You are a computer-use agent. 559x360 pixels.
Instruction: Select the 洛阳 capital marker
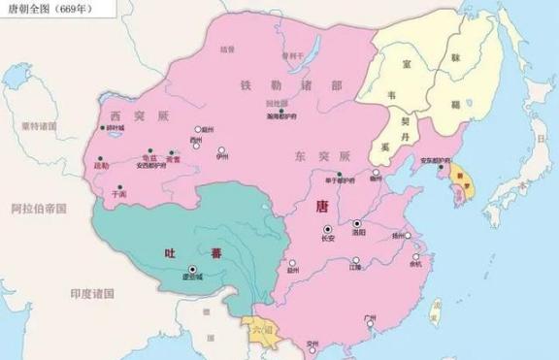click(356, 222)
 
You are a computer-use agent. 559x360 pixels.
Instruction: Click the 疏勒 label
click(99, 166)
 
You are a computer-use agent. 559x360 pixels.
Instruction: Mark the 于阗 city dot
click(117, 185)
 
